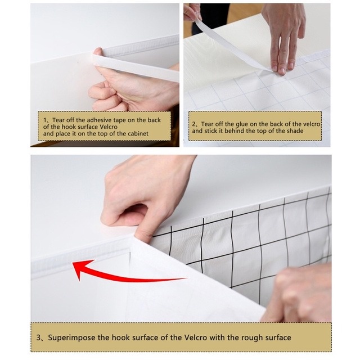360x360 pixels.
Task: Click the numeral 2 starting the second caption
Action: tap(193, 123)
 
